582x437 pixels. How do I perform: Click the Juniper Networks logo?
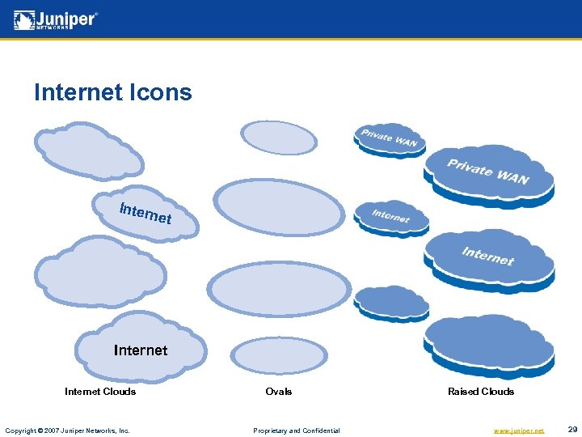56,20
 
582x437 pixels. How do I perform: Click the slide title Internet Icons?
113,92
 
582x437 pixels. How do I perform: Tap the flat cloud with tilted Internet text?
146,214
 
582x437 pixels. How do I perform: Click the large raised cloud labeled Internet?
489,257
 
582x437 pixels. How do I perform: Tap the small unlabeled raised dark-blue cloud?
392,302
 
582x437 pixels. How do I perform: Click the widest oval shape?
280,289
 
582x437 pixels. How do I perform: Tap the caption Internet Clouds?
100,392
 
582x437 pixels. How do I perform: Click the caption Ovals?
279,392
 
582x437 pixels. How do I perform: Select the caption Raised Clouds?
481,392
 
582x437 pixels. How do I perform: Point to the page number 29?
572,430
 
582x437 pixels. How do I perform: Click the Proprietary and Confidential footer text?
297,431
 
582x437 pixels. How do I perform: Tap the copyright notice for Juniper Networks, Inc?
67,431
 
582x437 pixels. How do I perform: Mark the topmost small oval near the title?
280,137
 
